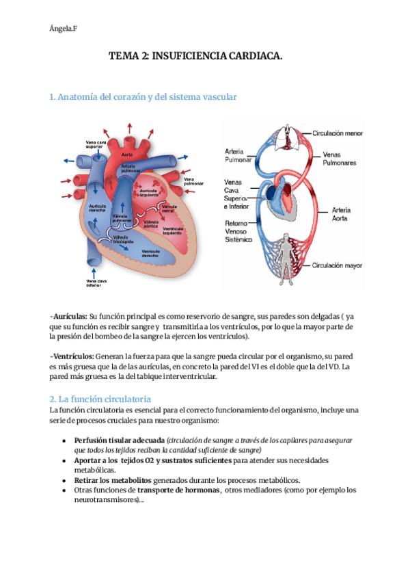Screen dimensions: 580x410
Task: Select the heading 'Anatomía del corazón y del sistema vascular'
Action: pos(143,97)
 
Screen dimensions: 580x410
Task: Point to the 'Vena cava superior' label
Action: pos(94,144)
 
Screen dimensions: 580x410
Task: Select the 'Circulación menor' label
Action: pos(338,134)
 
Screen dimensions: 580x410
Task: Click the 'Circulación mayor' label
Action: pos(338,265)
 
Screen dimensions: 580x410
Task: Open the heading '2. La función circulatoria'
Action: pos(100,398)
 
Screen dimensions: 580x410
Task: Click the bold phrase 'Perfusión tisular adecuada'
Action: pos(120,441)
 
